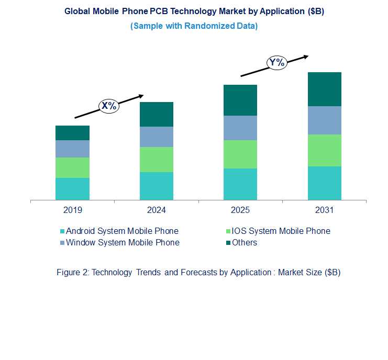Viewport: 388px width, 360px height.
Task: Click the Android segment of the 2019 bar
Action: [x=72, y=189]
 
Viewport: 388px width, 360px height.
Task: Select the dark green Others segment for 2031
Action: [x=324, y=89]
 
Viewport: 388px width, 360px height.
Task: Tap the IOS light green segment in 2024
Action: [x=156, y=160]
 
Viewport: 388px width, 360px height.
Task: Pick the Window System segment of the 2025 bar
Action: [x=240, y=128]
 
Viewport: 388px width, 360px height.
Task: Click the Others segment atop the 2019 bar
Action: [x=72, y=133]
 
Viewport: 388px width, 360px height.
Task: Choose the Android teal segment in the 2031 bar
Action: [x=324, y=183]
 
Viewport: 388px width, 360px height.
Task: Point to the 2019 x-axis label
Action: [x=72, y=210]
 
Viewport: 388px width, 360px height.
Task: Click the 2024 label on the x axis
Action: [x=156, y=210]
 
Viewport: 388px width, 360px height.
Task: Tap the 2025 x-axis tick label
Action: [x=240, y=210]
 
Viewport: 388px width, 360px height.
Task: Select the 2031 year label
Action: [x=324, y=210]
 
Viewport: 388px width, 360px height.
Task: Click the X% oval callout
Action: [x=109, y=106]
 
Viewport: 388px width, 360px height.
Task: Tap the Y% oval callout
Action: [x=276, y=63]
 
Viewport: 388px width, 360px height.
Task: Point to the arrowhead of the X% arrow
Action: [x=141, y=96]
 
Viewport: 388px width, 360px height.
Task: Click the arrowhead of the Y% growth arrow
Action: [x=307, y=56]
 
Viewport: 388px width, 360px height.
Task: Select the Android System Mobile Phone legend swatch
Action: [x=62, y=231]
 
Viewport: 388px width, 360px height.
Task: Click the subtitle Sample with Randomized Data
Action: [x=194, y=26]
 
